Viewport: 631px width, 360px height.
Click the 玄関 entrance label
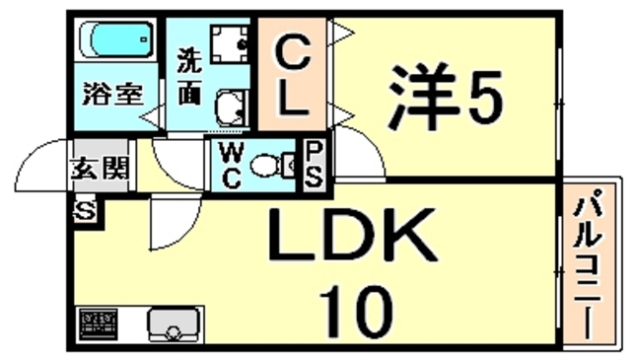point(99,169)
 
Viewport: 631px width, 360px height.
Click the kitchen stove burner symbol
point(98,323)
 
